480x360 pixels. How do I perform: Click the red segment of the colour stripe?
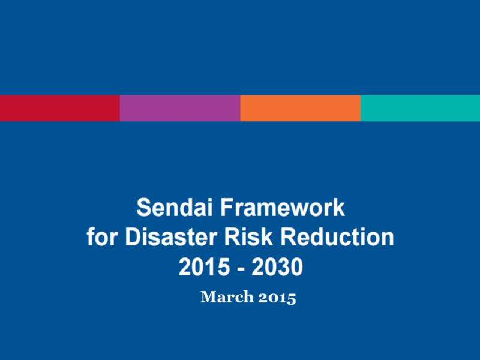click(x=60, y=108)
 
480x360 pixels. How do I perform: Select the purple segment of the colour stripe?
click(x=180, y=108)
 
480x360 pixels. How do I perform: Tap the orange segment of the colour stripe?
click(x=301, y=108)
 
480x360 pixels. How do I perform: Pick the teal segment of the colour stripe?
click(x=421, y=108)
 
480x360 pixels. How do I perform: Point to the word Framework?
click(x=283, y=208)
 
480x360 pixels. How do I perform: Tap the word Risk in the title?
click(x=248, y=237)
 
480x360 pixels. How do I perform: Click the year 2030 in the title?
click(x=277, y=266)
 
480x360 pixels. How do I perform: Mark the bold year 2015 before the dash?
click(x=204, y=266)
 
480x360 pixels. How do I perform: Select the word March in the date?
click(x=227, y=296)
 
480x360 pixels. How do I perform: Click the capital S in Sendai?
click(x=144, y=208)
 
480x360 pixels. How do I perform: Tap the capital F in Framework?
click(x=227, y=208)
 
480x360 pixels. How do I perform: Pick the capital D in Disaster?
click(x=133, y=237)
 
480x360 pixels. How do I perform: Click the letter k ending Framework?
click(x=339, y=208)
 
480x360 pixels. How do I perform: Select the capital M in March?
click(x=208, y=296)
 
